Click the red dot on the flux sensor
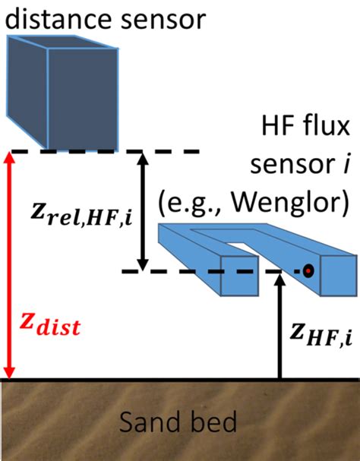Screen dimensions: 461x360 (308, 270)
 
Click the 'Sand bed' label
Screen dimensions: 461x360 (180, 422)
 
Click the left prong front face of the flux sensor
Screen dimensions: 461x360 (235, 275)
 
